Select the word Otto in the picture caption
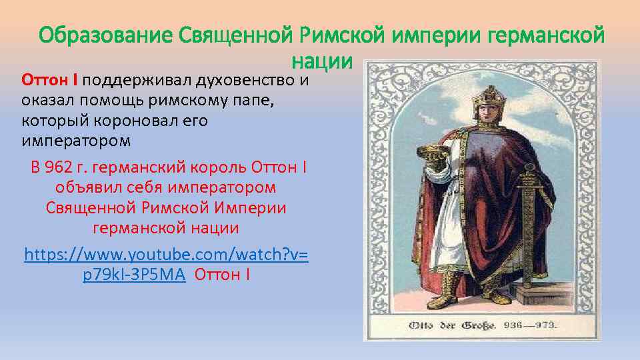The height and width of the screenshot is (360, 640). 421,326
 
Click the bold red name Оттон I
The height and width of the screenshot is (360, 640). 51,81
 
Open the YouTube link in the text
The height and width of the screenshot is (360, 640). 166,264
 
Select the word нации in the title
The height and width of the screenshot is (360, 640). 321,61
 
